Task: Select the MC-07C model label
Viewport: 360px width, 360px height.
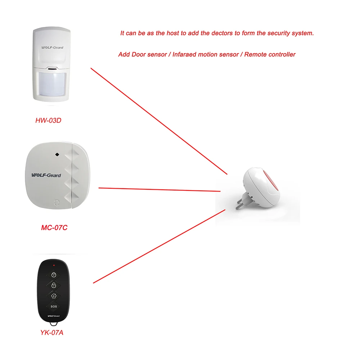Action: (54, 228)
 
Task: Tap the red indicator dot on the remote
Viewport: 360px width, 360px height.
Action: (54, 265)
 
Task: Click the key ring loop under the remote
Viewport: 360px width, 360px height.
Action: (54, 325)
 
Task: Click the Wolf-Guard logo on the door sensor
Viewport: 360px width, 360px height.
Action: (46, 175)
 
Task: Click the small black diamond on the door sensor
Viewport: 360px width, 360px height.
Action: (57, 154)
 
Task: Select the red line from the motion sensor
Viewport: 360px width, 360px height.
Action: (158, 121)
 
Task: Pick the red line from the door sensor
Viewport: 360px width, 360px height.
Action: (158, 189)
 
